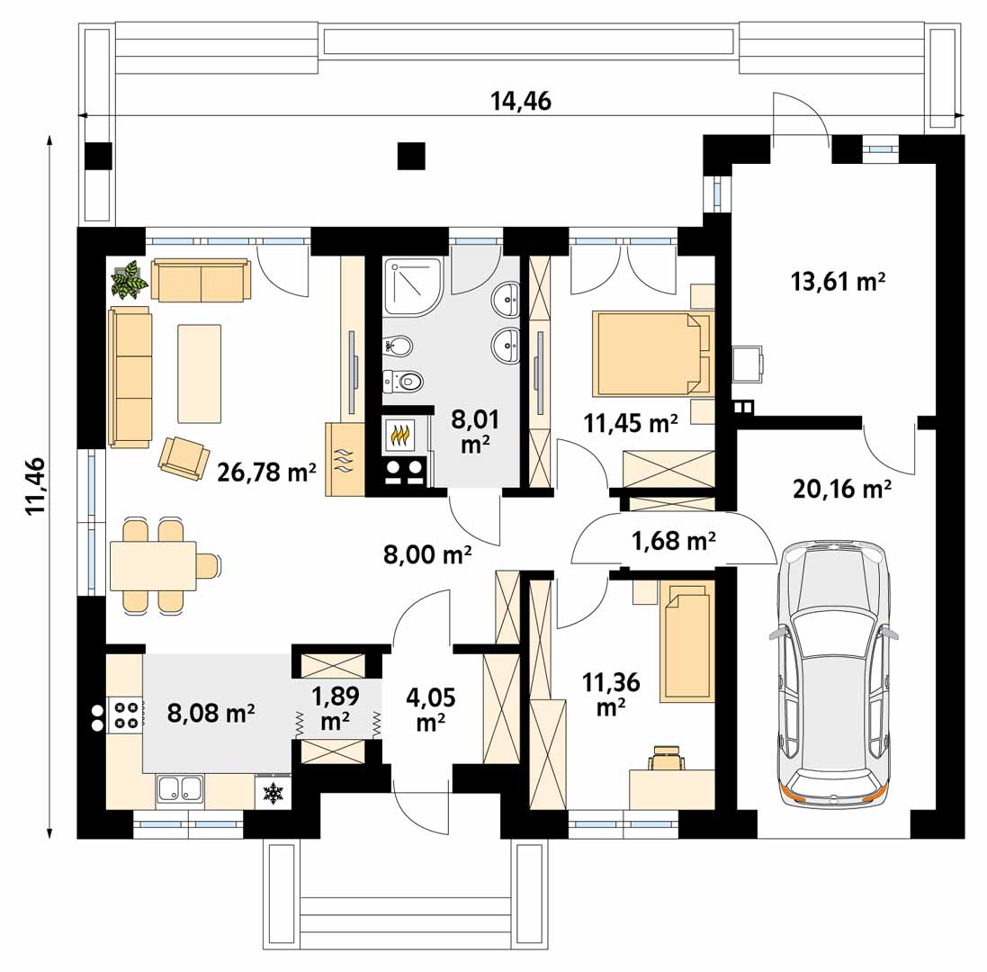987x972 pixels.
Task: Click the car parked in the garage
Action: pyautogui.click(x=833, y=673)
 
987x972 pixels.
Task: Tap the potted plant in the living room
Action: pyautogui.click(x=130, y=280)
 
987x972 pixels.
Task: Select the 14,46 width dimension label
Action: pyautogui.click(x=521, y=101)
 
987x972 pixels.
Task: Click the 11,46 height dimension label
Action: pyautogui.click(x=36, y=485)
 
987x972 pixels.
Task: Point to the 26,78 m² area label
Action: pyautogui.click(x=266, y=472)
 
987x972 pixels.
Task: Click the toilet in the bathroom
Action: pyautogui.click(x=403, y=380)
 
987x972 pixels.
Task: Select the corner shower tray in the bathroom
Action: pyautogui.click(x=412, y=286)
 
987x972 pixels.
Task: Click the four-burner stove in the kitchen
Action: pyautogui.click(x=125, y=715)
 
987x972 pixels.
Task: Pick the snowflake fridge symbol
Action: pyautogui.click(x=273, y=792)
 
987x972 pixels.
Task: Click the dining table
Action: pyautogui.click(x=153, y=565)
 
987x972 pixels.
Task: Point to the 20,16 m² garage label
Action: pyautogui.click(x=841, y=488)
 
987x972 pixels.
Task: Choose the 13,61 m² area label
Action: pyautogui.click(x=838, y=281)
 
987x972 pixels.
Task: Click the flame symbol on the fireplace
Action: pyautogui.click(x=401, y=435)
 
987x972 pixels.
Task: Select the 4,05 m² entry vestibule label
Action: pyautogui.click(x=431, y=709)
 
